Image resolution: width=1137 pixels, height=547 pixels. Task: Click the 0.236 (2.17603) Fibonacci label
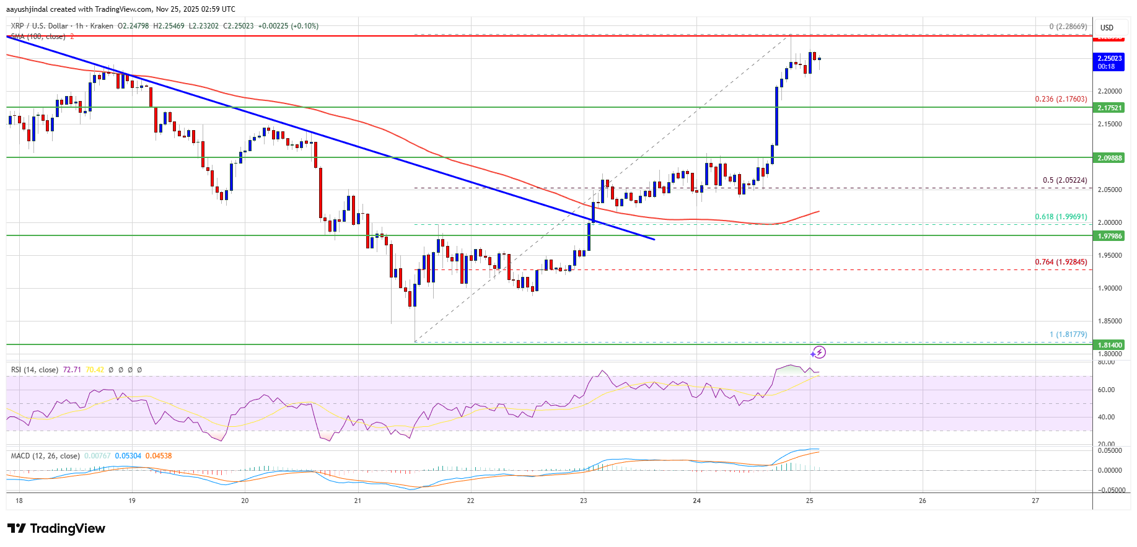click(x=1061, y=99)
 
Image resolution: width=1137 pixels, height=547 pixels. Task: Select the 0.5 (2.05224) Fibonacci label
click(x=1065, y=180)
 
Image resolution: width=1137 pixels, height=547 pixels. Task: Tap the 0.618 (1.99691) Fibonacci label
click(x=1061, y=217)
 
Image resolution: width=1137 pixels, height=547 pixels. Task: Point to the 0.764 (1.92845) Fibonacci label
click(x=1061, y=262)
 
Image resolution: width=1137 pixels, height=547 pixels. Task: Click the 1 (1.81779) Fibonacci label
click(x=1068, y=335)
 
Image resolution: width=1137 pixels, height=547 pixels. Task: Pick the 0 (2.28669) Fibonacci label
click(x=1068, y=27)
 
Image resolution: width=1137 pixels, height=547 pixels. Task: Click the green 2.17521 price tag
click(x=1110, y=108)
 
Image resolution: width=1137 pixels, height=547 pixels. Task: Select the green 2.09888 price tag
click(x=1110, y=158)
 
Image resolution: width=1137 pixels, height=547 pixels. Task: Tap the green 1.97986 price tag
click(x=1110, y=236)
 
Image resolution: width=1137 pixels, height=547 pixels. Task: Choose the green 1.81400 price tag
click(x=1110, y=345)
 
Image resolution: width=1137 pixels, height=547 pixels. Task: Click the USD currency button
click(x=1107, y=28)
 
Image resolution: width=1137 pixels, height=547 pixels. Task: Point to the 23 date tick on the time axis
click(x=584, y=501)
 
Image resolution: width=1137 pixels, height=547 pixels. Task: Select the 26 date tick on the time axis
click(x=923, y=501)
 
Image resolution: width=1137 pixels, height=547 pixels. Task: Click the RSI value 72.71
click(x=72, y=370)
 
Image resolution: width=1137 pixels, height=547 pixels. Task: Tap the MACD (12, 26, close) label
click(x=45, y=456)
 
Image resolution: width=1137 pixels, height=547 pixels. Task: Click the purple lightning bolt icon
click(x=819, y=352)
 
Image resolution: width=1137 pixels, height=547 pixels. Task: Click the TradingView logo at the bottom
click(x=56, y=528)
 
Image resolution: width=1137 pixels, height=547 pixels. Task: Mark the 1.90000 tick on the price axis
click(x=1110, y=288)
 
